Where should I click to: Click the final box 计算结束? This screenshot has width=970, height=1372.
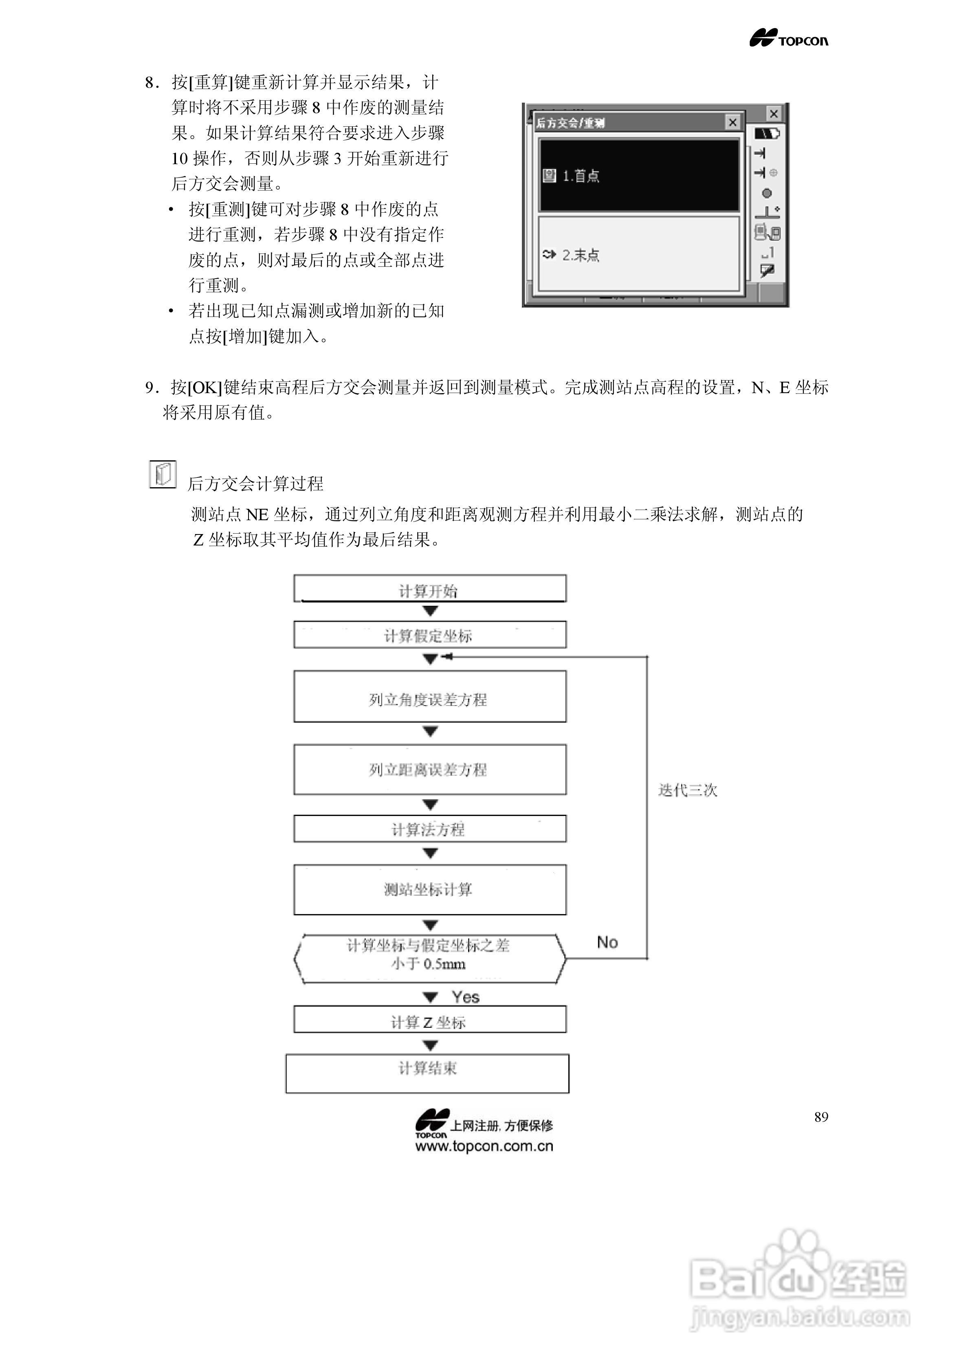427,1074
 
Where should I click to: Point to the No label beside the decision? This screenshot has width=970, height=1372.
607,942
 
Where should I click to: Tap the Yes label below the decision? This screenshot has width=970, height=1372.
466,997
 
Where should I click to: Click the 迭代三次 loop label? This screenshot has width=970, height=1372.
687,790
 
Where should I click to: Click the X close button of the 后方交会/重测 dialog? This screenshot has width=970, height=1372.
732,123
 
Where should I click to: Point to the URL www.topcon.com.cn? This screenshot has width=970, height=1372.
484,1146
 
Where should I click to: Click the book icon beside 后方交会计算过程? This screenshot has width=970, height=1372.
163,475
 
